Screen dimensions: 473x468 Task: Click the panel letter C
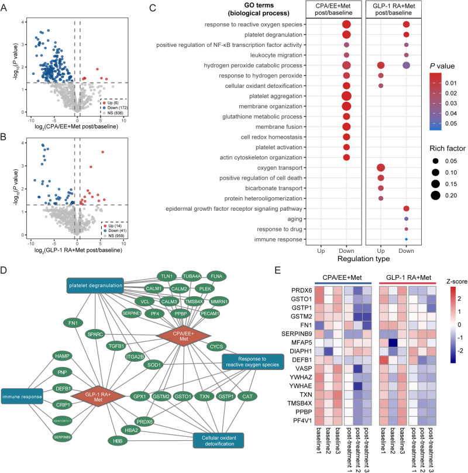pos(152,8)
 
